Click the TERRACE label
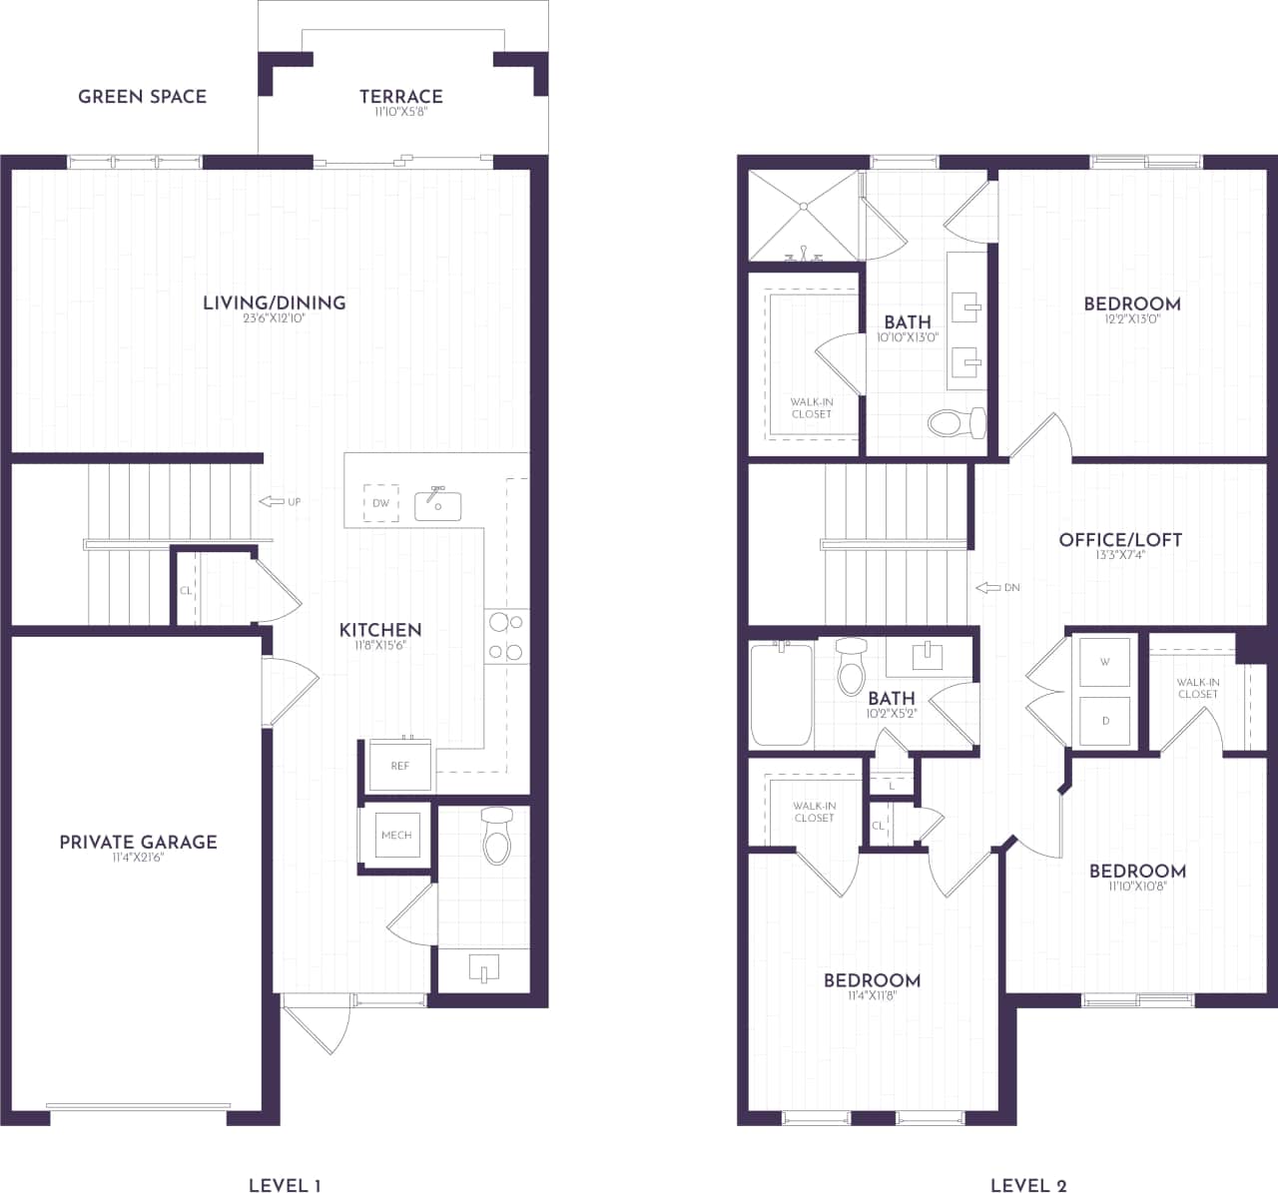[401, 97]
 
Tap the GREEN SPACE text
[143, 97]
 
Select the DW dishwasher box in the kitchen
[380, 503]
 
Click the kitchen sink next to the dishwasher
[438, 505]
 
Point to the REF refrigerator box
[399, 765]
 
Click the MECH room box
[396, 835]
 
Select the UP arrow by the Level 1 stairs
[280, 501]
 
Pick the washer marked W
[1105, 662]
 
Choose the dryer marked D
[1105, 720]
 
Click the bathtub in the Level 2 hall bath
[782, 695]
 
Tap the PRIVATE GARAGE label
[138, 843]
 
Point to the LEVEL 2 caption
[1028, 1185]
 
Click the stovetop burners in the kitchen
[506, 638]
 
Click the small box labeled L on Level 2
[892, 786]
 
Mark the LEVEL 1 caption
[285, 1185]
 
